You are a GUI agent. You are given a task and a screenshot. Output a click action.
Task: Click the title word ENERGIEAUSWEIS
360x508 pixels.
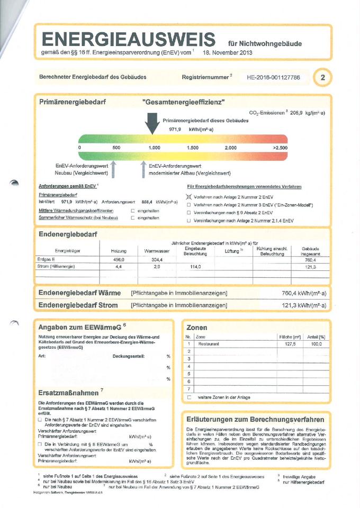tap(128, 39)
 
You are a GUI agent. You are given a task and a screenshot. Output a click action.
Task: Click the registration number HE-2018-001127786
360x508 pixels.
tap(273, 77)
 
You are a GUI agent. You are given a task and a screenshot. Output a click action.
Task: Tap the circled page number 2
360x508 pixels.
tap(322, 78)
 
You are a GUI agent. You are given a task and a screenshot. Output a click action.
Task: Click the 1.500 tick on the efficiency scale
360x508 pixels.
tap(193, 148)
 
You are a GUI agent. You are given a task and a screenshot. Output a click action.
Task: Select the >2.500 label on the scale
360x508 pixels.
tap(280, 148)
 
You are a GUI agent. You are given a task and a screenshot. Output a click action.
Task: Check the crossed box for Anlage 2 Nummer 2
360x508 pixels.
tap(188, 196)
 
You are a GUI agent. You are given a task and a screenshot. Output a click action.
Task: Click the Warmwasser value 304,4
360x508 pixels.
tap(157, 260)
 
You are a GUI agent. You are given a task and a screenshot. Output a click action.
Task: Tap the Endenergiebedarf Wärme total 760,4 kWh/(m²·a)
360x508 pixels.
tap(304, 293)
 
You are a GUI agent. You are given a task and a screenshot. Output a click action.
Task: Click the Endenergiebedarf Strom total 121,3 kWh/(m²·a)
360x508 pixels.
tap(304, 305)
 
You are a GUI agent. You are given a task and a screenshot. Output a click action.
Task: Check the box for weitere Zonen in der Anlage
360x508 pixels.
tap(189, 397)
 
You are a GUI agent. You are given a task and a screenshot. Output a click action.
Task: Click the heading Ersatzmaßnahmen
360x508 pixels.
tap(68, 393)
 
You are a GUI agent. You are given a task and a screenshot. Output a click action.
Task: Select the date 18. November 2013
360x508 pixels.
tap(228, 53)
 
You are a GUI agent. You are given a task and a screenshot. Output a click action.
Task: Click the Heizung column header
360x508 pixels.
tap(119, 250)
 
